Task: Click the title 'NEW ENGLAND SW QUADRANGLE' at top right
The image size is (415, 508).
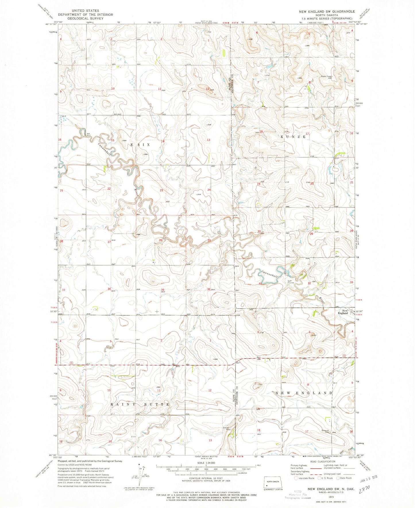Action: click(x=327, y=11)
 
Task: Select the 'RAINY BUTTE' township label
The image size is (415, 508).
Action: click(x=140, y=404)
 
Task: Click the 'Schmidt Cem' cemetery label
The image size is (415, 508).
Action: click(x=325, y=431)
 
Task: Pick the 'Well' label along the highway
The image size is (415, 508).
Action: click(x=258, y=357)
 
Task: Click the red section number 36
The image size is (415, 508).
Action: click(x=209, y=290)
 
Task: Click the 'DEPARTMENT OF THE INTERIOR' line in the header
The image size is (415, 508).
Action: click(x=85, y=15)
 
